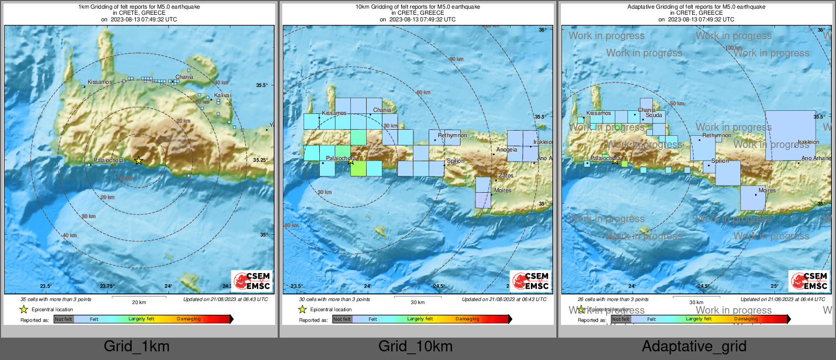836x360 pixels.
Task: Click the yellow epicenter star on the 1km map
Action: (138, 161)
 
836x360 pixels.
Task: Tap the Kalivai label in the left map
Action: (222, 96)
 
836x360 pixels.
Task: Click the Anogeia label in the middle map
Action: (506, 150)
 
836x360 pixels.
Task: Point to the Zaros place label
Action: (506, 176)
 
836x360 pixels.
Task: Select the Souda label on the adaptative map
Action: (654, 115)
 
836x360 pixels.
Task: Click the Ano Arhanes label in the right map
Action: (816, 159)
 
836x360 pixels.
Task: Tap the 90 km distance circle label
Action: (456, 59)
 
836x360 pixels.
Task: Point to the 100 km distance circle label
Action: (733, 48)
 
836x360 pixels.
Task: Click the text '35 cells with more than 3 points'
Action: (56, 299)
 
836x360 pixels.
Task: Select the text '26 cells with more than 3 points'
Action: (613, 299)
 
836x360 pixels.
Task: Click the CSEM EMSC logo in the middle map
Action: (530, 281)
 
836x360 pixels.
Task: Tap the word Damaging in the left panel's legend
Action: (189, 319)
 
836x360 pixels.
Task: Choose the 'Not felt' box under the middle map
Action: (342, 319)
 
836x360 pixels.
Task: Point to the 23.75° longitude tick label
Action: (107, 286)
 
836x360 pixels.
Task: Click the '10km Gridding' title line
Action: (417, 7)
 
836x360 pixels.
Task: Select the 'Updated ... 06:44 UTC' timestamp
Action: (783, 299)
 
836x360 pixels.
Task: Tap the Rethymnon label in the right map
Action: (716, 136)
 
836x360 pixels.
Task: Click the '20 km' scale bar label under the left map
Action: (139, 303)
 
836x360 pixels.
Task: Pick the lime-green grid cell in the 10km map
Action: (359, 168)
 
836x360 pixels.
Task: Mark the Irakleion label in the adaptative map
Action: (808, 142)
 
